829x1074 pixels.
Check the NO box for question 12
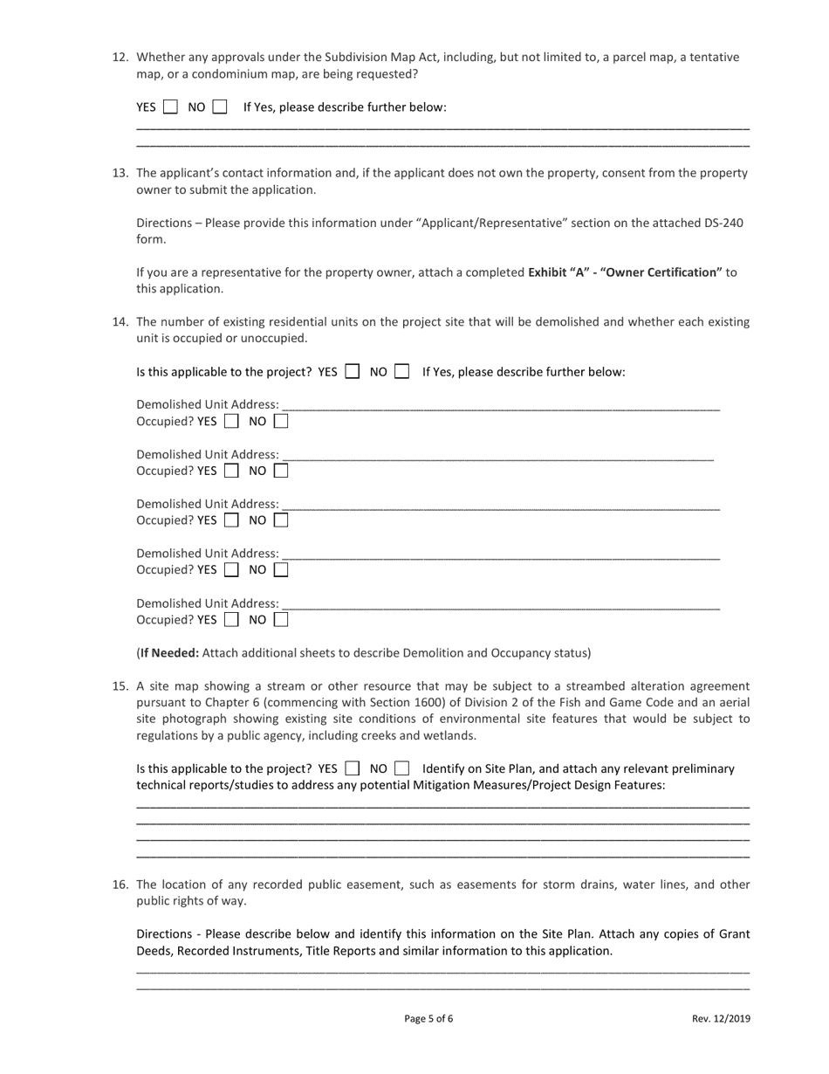click(x=220, y=107)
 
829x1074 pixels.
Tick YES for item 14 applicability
click(x=353, y=371)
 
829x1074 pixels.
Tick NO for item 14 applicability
click(x=402, y=371)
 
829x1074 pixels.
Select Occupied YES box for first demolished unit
click(x=231, y=422)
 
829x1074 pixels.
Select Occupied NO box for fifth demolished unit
click(x=281, y=620)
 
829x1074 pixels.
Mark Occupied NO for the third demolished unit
click(x=281, y=520)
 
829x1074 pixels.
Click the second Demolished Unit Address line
click(x=497, y=455)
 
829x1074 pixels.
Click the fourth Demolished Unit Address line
click(x=501, y=554)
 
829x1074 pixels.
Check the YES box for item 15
click(x=353, y=769)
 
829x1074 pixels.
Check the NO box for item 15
click(x=402, y=769)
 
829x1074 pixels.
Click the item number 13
click(x=121, y=173)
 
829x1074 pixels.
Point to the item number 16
click(x=121, y=885)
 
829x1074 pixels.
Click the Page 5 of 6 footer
click(x=428, y=1018)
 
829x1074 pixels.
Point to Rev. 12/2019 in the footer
click(x=721, y=1018)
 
